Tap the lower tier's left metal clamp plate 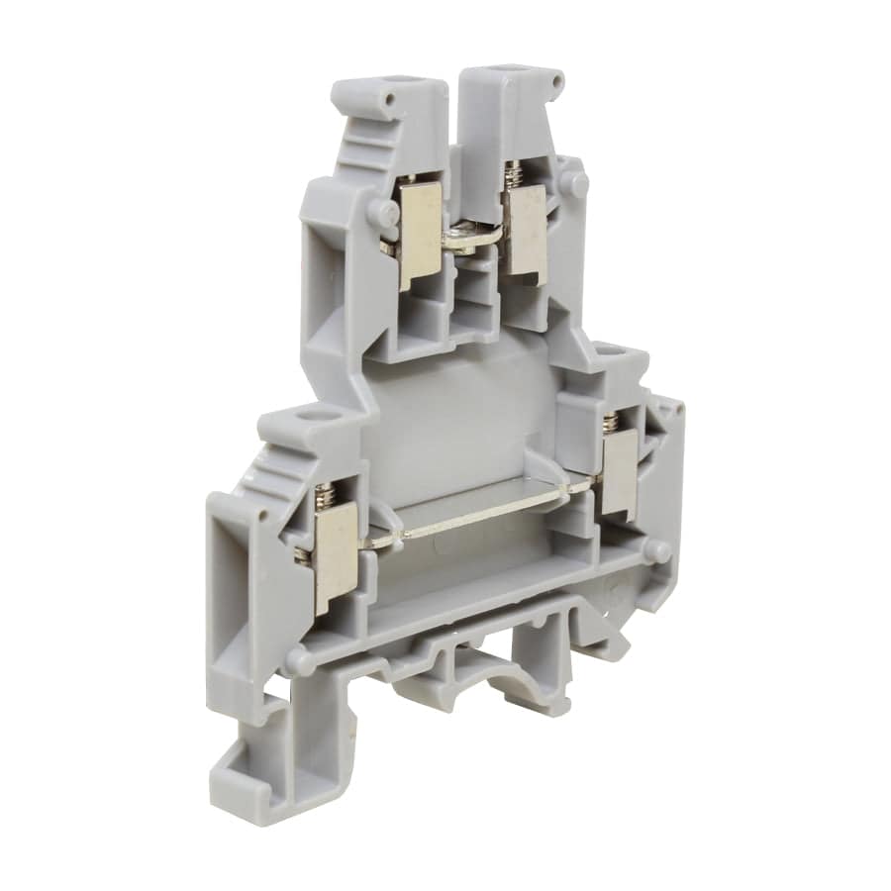tap(335, 555)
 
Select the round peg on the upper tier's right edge tap(578, 182)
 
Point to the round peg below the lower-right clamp tap(654, 550)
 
